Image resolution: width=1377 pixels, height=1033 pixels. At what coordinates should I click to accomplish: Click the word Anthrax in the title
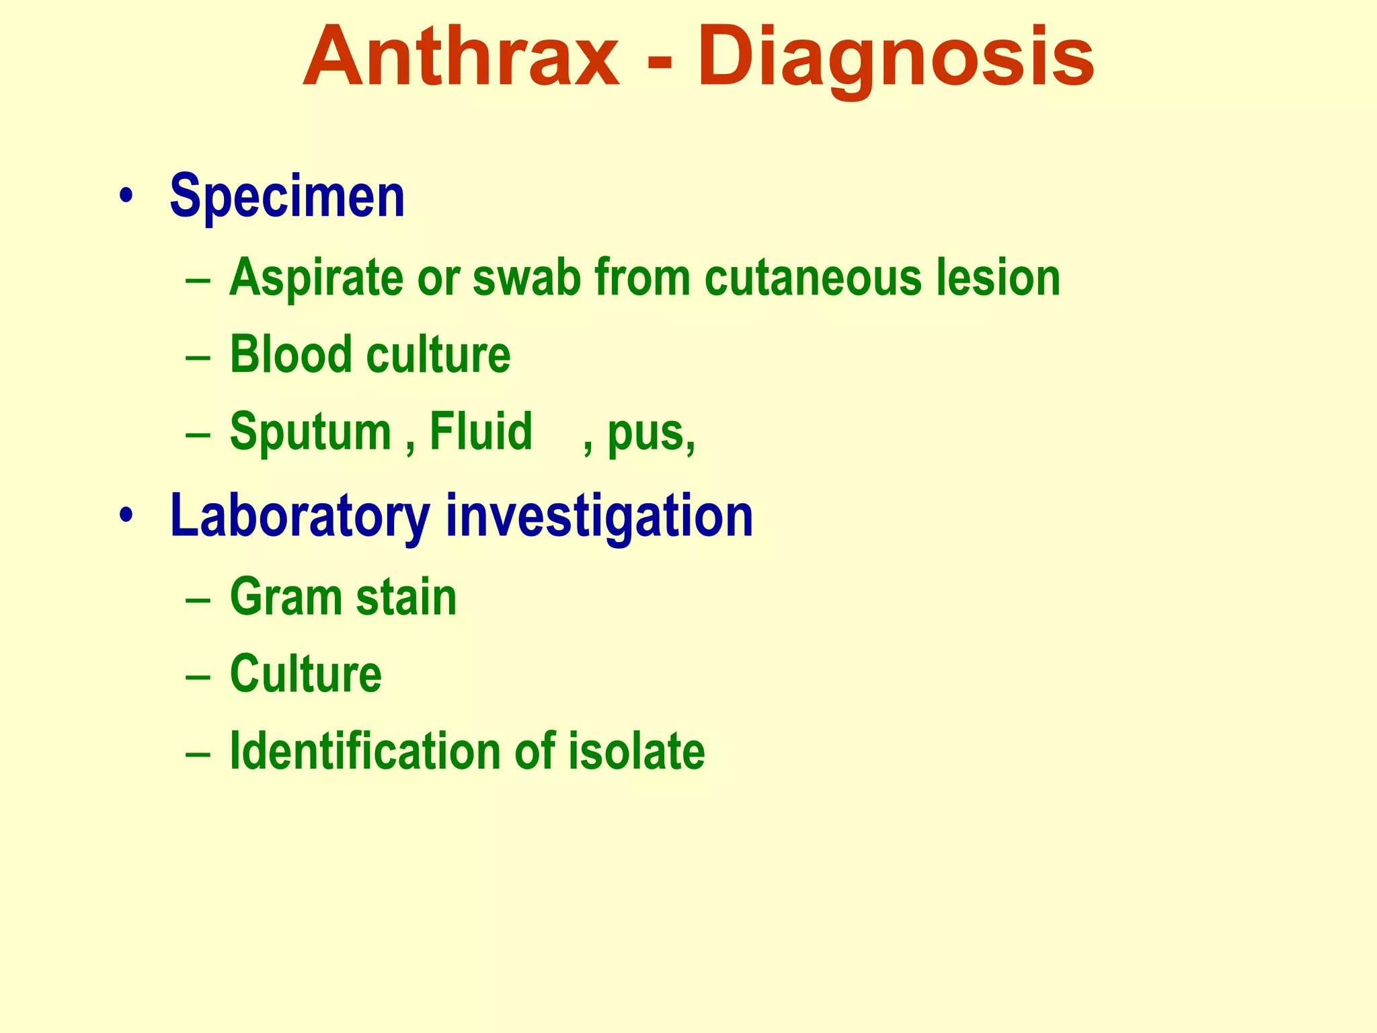click(461, 57)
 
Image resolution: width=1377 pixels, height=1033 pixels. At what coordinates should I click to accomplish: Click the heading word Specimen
click(287, 196)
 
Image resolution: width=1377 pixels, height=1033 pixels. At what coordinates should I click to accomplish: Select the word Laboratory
click(299, 516)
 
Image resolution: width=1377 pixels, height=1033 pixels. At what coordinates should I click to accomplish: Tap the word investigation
click(599, 516)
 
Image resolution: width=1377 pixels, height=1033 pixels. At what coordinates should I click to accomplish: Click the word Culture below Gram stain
click(305, 673)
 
